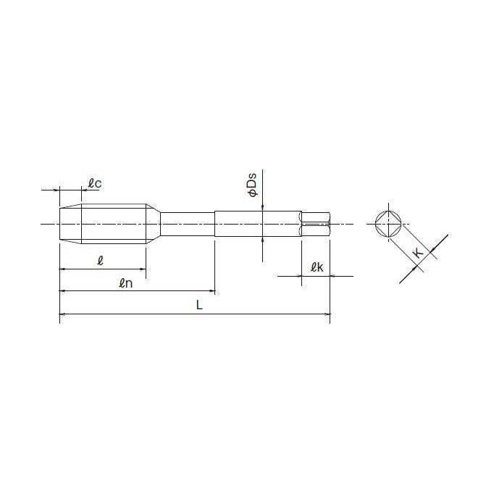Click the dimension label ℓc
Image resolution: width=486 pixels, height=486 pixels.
coord(94,184)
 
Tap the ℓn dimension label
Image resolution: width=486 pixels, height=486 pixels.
coord(125,283)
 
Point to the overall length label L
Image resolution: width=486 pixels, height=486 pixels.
coord(199,305)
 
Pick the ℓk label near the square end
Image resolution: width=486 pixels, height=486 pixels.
coord(316,267)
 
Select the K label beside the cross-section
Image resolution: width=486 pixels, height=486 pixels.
coord(418,253)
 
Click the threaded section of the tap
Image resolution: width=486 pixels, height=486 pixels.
coord(116,223)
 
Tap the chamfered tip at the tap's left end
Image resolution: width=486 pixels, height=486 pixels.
coord(70,223)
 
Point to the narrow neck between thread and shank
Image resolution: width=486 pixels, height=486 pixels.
coord(187,223)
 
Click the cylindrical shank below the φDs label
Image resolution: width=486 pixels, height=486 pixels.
coord(257,223)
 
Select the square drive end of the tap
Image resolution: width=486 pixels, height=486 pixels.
coord(316,223)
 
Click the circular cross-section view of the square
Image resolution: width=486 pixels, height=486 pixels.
coord(390,224)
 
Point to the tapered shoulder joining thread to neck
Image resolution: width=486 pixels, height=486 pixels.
coord(154,223)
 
